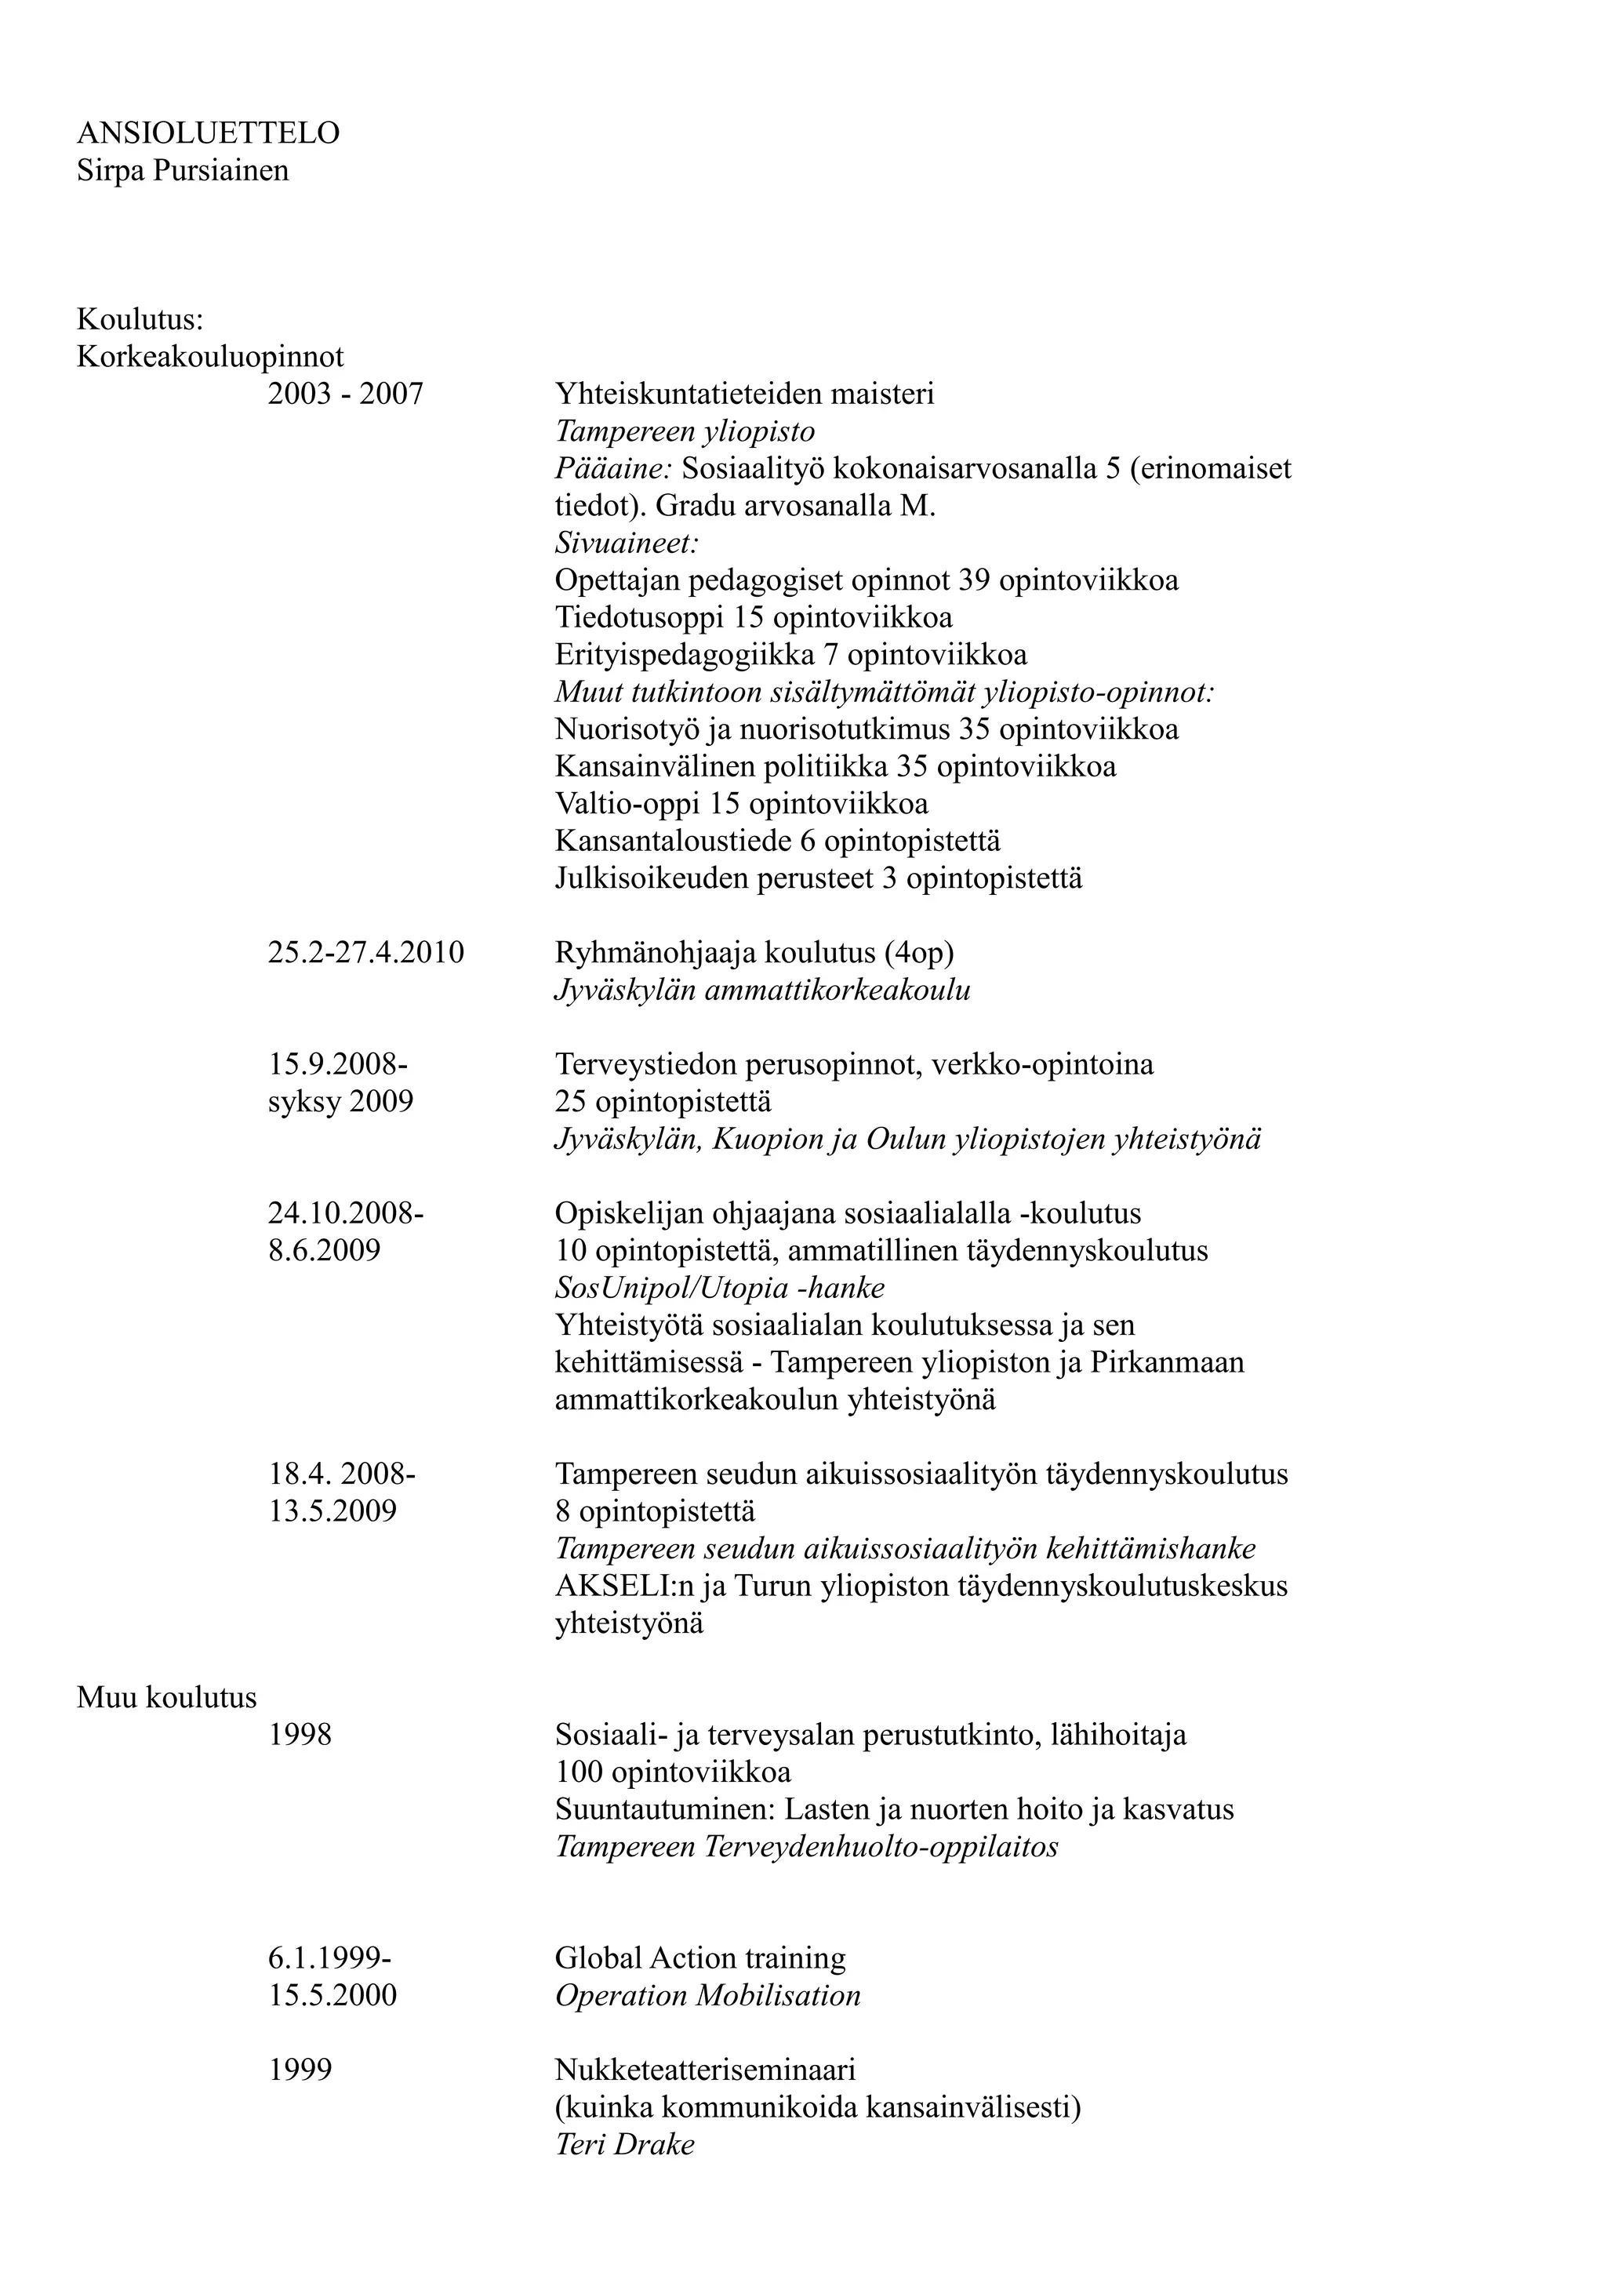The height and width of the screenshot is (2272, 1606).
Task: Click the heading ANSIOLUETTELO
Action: click(x=208, y=133)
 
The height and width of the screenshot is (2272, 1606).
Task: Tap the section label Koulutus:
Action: click(x=140, y=320)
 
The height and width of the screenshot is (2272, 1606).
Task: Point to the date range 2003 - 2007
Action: click(x=345, y=394)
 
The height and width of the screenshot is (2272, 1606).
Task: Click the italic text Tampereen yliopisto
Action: click(x=685, y=431)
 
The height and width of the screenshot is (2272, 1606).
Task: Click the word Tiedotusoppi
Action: click(x=639, y=617)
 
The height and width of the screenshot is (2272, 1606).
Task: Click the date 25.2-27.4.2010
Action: click(x=365, y=953)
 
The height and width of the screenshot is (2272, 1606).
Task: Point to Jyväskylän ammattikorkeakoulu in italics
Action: click(x=762, y=990)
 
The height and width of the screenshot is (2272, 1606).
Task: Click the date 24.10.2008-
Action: click(x=345, y=1213)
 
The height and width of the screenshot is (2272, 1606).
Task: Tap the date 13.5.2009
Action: click(x=332, y=1511)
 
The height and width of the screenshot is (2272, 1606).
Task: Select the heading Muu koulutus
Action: click(x=166, y=1697)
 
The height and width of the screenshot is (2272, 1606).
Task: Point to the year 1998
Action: click(x=300, y=1735)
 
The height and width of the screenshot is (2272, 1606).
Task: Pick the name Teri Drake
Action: click(x=624, y=2144)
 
